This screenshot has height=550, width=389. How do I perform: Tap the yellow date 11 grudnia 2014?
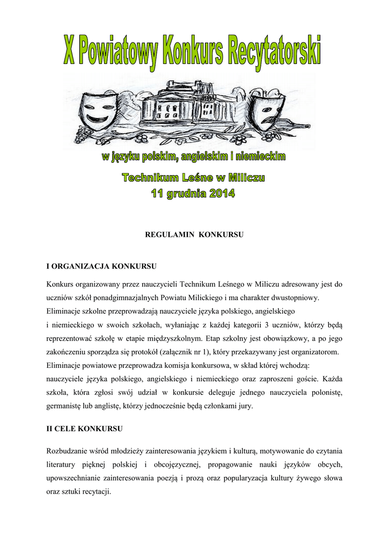192,193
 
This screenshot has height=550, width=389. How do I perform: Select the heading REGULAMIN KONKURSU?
194,235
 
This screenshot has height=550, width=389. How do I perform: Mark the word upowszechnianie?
78,477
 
